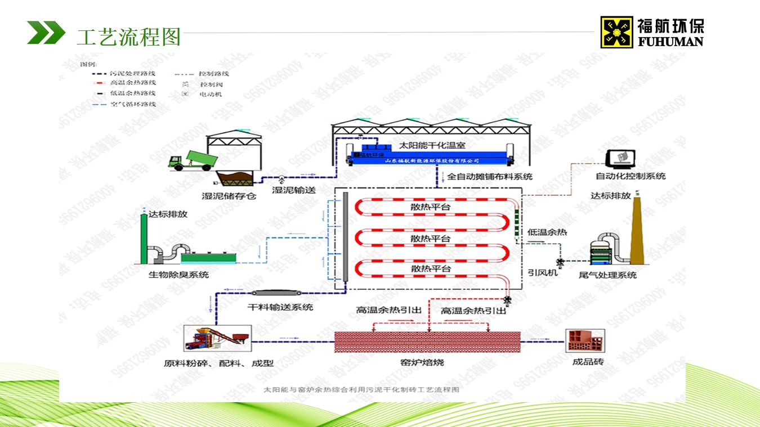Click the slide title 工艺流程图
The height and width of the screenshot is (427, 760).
point(129,37)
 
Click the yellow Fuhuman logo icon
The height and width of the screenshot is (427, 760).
point(616,32)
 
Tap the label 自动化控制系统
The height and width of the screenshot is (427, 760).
point(631,176)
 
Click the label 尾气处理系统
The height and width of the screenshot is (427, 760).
point(607,275)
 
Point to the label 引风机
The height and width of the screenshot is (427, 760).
point(542,272)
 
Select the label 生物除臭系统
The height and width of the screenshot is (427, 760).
point(178,275)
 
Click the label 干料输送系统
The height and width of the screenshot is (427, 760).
point(280,307)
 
